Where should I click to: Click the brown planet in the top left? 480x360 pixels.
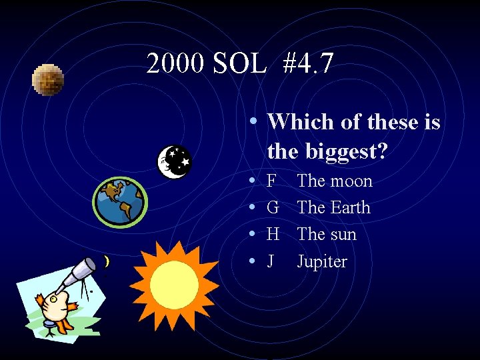pos(48,80)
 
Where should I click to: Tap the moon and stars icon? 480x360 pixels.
pos(174,161)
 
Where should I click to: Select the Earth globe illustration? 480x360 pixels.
pos(120,201)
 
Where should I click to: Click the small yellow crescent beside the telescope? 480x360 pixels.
pos(107,263)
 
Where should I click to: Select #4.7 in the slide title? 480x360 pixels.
pos(308,64)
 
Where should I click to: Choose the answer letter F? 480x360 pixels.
pos(271,181)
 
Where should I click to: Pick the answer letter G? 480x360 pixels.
pos(273,208)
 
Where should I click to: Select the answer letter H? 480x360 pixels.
pos(273,235)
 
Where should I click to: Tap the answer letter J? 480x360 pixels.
pos(270,261)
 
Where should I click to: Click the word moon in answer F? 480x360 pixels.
pos(350,181)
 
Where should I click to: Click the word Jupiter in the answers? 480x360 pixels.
pos(322,261)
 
